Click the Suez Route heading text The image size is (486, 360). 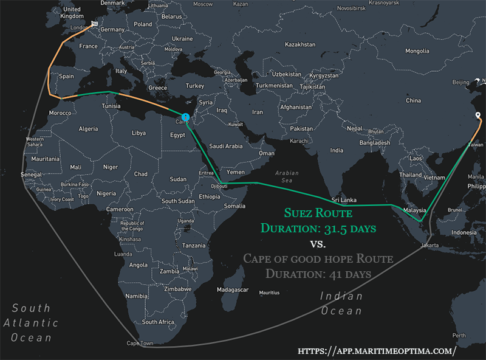coord(318,213)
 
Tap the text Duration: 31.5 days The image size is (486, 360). coord(318,229)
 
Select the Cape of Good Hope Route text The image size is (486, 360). coord(318,259)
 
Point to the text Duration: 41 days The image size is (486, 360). coord(318,274)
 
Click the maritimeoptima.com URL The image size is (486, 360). coord(376,351)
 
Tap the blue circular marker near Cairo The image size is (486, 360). coord(185,117)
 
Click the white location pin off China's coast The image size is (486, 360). coord(477,116)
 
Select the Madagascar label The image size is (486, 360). coord(233,290)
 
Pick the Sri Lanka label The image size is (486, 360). coord(343,200)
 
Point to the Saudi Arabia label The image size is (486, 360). coord(226,147)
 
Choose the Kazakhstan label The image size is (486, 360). coord(301,45)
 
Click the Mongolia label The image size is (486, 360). coord(417,51)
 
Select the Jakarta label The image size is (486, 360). coord(430,246)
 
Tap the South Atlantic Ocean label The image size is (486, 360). coord(31,323)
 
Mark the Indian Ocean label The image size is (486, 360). coord(341,303)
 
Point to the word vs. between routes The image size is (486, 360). coord(318,244)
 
